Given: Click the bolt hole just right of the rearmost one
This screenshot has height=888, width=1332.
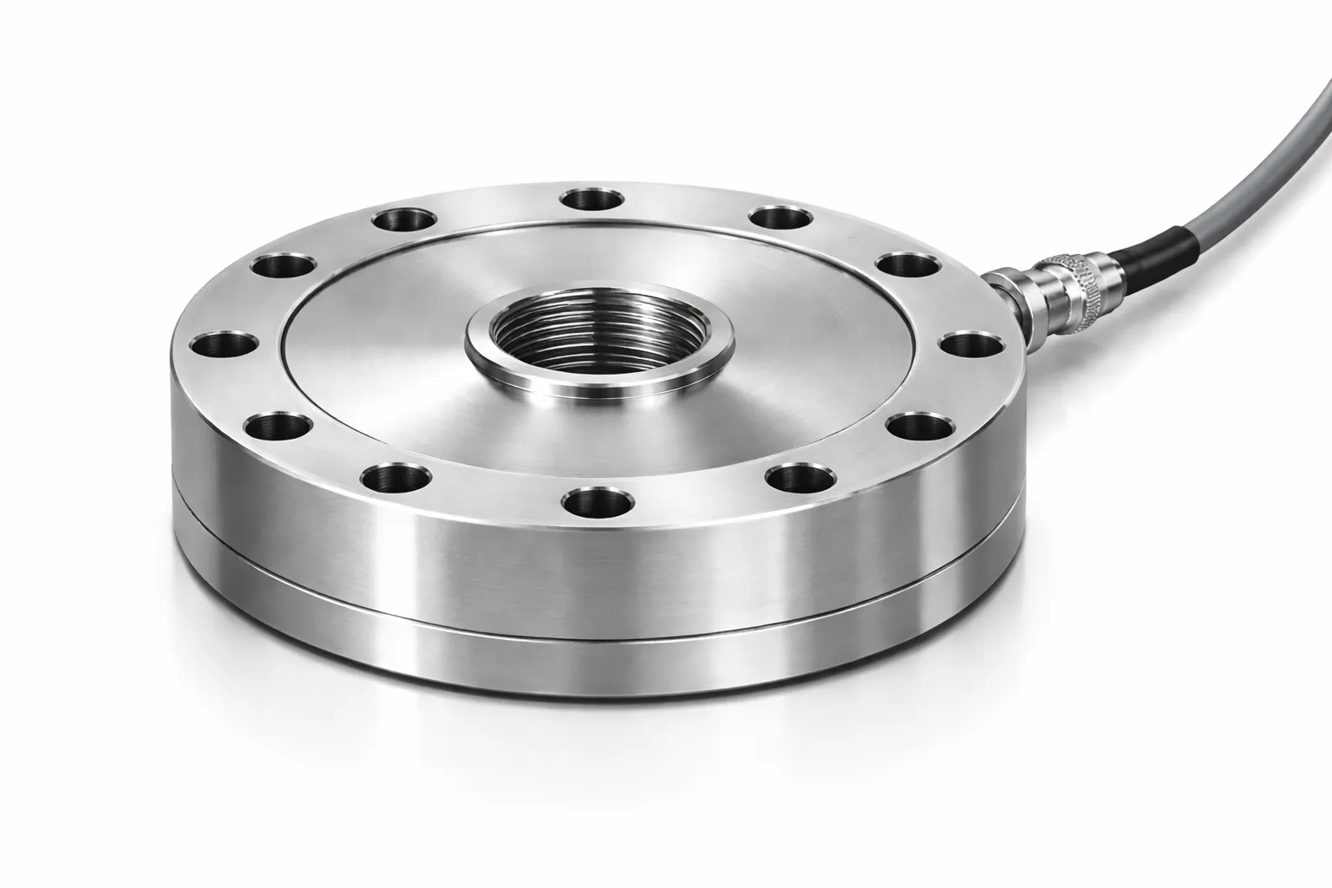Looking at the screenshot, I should pyautogui.click(x=780, y=216).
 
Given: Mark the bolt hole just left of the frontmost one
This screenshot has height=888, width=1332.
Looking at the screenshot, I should pyautogui.click(x=395, y=476).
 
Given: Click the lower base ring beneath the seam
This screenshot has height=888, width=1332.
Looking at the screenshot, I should pyautogui.click(x=607, y=650).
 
